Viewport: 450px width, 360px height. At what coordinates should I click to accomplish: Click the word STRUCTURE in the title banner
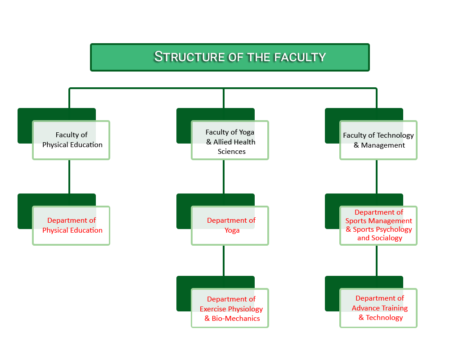[x=189, y=57]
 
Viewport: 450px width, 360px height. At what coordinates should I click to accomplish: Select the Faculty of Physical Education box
[x=71, y=140]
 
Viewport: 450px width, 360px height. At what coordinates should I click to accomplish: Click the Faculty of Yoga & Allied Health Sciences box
[x=230, y=140]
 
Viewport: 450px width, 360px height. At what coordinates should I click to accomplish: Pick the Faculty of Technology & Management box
[x=378, y=140]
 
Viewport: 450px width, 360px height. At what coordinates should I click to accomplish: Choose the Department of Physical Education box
[x=71, y=225]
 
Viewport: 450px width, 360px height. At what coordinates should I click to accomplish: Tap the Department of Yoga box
[x=230, y=225]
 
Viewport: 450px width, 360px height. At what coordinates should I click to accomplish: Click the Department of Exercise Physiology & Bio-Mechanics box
[x=230, y=308]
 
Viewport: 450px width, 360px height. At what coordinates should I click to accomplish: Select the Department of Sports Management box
[x=378, y=225]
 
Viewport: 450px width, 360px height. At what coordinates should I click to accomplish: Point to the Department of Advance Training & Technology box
[x=378, y=308]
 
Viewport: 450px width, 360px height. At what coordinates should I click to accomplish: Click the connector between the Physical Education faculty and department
[x=69, y=176]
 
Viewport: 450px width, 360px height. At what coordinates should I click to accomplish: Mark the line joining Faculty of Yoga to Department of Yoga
[x=224, y=176]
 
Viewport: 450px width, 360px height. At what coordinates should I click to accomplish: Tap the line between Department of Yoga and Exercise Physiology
[x=224, y=260]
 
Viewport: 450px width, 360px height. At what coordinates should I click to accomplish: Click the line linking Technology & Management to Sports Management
[x=377, y=176]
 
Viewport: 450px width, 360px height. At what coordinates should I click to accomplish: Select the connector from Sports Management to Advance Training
[x=377, y=260]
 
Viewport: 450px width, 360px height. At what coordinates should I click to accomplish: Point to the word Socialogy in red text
[x=386, y=238]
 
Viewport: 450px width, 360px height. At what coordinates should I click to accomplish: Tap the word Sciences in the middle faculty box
[x=232, y=152]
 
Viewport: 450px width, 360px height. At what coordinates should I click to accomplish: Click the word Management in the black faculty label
[x=383, y=145]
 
